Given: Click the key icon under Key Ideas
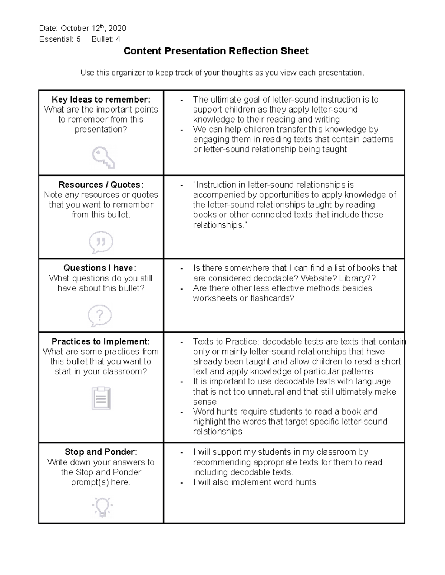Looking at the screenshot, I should [x=103, y=157].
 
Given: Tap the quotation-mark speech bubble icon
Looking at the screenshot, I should [x=100, y=243].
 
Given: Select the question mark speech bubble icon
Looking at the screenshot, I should [x=99, y=315].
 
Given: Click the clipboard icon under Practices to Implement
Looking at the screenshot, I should [x=101, y=398].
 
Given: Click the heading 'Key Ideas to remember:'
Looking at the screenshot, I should [x=101, y=99].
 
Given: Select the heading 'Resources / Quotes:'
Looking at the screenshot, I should [x=101, y=184].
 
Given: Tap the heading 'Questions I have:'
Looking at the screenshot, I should [x=100, y=268].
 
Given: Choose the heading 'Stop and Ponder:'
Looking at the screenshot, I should [x=101, y=452].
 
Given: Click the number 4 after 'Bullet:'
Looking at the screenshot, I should [x=118, y=39].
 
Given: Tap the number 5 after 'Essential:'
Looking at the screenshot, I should [x=78, y=39].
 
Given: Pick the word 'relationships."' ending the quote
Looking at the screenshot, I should [x=220, y=225].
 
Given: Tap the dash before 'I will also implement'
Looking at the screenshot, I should [x=181, y=482].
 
